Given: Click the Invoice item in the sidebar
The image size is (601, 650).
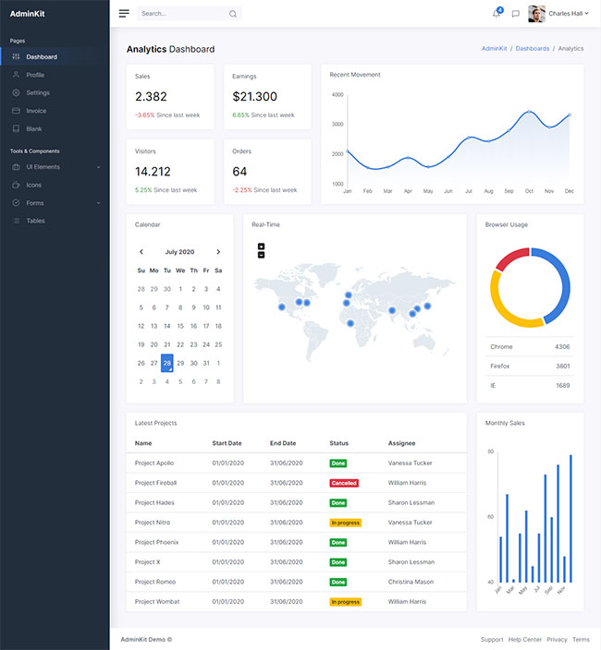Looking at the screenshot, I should [x=36, y=111].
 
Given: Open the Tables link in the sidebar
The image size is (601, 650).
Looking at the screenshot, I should [x=35, y=221].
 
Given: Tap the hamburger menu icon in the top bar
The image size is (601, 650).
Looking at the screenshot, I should [x=124, y=14].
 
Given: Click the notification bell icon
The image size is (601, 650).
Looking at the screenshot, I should [x=497, y=14].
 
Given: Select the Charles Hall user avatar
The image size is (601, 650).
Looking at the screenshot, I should [x=536, y=14].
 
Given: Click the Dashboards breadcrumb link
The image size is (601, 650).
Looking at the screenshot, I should [x=533, y=48].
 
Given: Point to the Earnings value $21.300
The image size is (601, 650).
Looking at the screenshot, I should [x=255, y=97].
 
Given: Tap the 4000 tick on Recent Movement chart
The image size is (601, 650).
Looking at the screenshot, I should [x=337, y=94].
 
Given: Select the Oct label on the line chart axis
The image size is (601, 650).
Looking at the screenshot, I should [x=529, y=191].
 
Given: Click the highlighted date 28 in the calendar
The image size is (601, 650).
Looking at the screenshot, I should [x=167, y=363].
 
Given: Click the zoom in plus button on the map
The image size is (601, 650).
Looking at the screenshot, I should [x=262, y=247].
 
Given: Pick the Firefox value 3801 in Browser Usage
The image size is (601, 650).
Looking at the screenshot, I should [x=562, y=366].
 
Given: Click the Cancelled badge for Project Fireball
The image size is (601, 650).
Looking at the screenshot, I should [x=344, y=483].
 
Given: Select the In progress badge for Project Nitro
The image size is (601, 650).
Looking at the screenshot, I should [x=345, y=523].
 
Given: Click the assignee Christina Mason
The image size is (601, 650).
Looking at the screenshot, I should [x=411, y=582].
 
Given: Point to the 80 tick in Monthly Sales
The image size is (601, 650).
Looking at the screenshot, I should [x=490, y=452].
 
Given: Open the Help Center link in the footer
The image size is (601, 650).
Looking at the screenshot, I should [x=524, y=639].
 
